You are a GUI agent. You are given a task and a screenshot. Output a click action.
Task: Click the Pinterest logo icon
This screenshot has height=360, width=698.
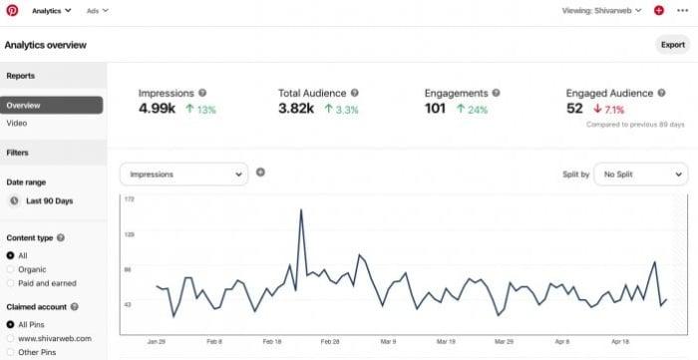click(x=12, y=10)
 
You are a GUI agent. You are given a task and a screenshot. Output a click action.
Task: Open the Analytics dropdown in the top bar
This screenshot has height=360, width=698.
click(x=52, y=11)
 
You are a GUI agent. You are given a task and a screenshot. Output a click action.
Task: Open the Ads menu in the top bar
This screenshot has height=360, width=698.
click(x=97, y=11)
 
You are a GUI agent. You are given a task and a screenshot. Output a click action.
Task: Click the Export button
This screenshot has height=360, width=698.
click(x=673, y=45)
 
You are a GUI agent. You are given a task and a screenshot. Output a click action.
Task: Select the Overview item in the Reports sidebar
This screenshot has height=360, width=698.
click(x=52, y=105)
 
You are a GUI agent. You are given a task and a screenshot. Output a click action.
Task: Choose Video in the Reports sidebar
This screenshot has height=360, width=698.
click(x=17, y=124)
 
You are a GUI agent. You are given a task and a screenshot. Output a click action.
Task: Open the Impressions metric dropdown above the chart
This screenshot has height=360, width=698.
click(x=183, y=175)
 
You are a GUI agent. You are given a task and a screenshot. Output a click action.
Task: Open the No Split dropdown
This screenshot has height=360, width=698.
click(x=640, y=175)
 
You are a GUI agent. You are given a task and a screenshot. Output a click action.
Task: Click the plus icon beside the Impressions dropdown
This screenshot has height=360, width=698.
click(x=261, y=173)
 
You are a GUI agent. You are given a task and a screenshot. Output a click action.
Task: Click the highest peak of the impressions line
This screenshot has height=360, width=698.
click(x=300, y=210)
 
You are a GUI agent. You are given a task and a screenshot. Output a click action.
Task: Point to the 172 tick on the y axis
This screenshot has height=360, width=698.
click(x=128, y=201)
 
